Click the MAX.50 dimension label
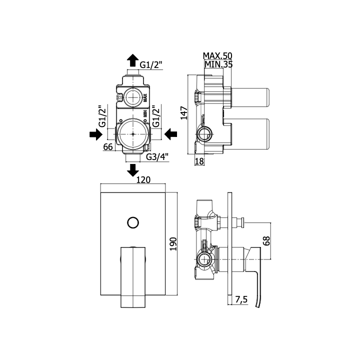[x=217, y=56]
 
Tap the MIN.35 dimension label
[x=218, y=64]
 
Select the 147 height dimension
[x=184, y=112]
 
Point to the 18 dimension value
[x=199, y=161]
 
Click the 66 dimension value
[x=108, y=146]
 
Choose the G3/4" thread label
[x=157, y=157]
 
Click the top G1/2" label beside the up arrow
[x=151, y=65]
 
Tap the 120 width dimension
[x=143, y=179]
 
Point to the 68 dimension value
[x=266, y=241]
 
